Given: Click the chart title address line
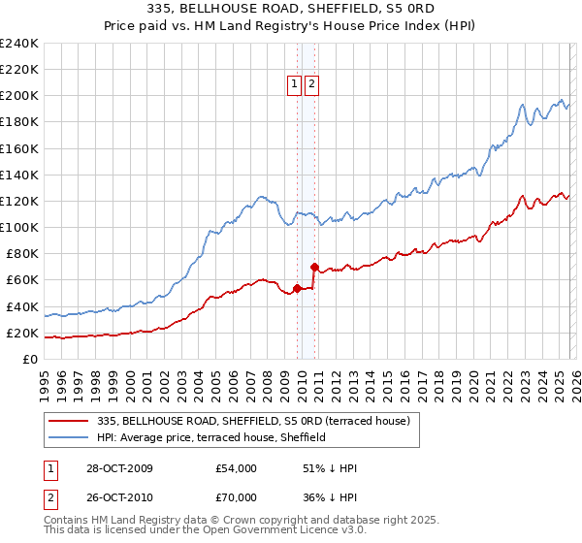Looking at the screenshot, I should pos(291,10).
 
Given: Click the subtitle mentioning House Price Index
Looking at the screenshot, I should pos(291,26).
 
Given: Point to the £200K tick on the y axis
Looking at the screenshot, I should pos(19,96).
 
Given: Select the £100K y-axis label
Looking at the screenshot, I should pos(19,227).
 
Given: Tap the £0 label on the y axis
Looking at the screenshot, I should pos(31,359).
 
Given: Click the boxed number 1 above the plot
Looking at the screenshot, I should pos(295,84).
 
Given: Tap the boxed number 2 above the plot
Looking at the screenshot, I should pos(311,84).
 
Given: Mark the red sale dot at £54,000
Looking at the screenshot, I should pos(297,288).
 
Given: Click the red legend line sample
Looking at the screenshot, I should pos(71,421).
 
